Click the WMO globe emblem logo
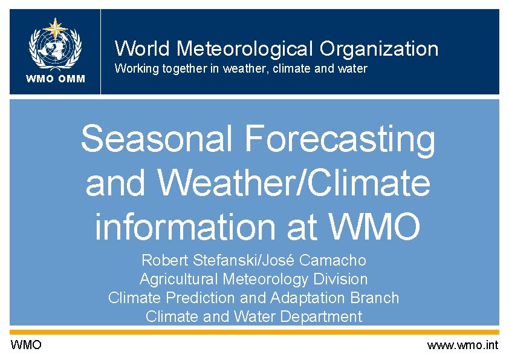(x=55, y=45)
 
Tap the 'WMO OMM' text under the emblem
(x=55, y=79)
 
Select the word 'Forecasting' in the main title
(x=340, y=139)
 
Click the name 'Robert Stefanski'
(x=190, y=261)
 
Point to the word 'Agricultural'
(x=179, y=279)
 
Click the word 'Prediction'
(x=202, y=298)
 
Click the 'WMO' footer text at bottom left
(x=26, y=345)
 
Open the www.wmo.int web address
(x=462, y=345)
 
